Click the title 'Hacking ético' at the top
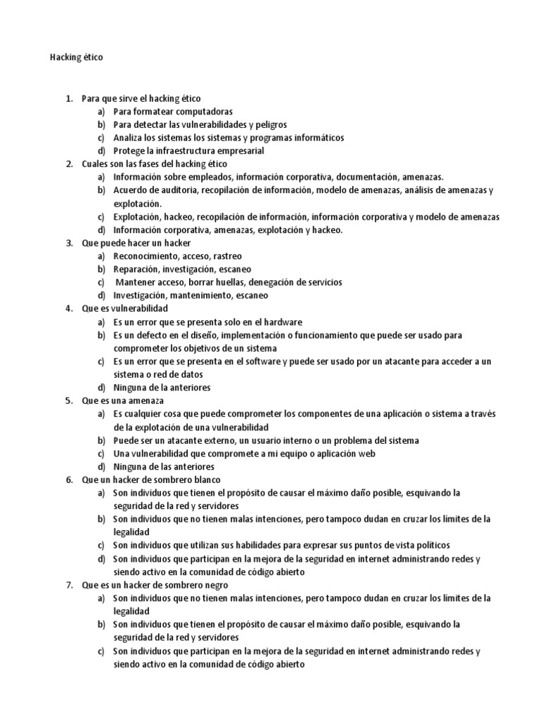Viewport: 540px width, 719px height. tap(76, 58)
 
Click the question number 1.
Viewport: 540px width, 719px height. tap(69, 99)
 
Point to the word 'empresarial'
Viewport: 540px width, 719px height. tap(240, 151)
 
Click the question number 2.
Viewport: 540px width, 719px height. tap(69, 164)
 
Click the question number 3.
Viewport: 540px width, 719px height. tap(69, 243)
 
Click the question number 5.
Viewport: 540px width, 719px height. tap(69, 400)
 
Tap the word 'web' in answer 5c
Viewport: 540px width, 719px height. tap(346, 454)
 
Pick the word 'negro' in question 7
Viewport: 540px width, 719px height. tap(214, 584)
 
